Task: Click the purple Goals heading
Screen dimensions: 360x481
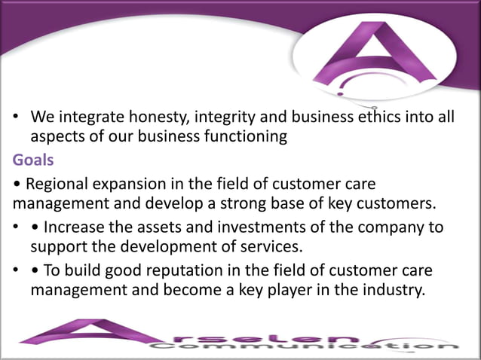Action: click(x=33, y=160)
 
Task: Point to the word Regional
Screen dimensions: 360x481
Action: click(x=52, y=184)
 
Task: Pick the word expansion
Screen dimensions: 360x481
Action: click(x=122, y=184)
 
